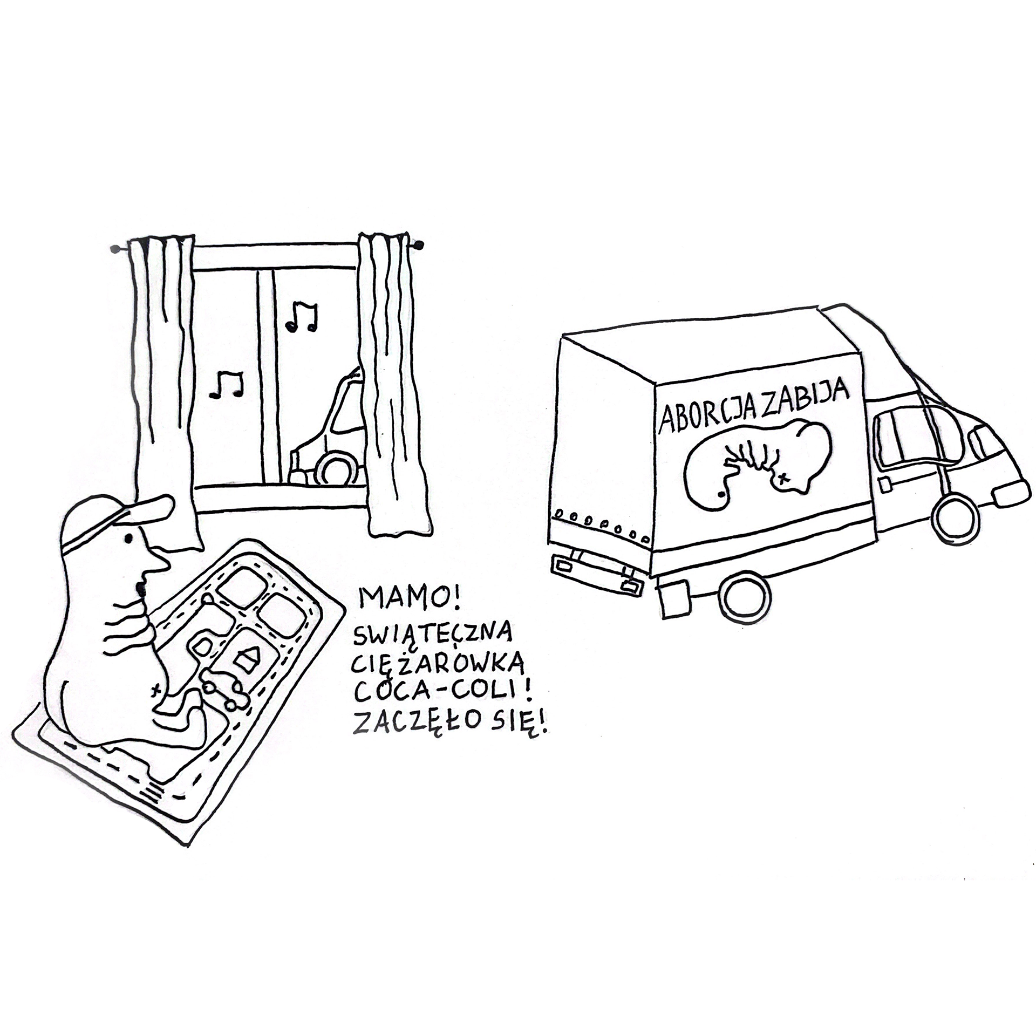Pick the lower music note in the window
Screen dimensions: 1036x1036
[x=227, y=384]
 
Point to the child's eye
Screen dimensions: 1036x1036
[x=128, y=537]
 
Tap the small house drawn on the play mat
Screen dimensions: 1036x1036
[x=248, y=658]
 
